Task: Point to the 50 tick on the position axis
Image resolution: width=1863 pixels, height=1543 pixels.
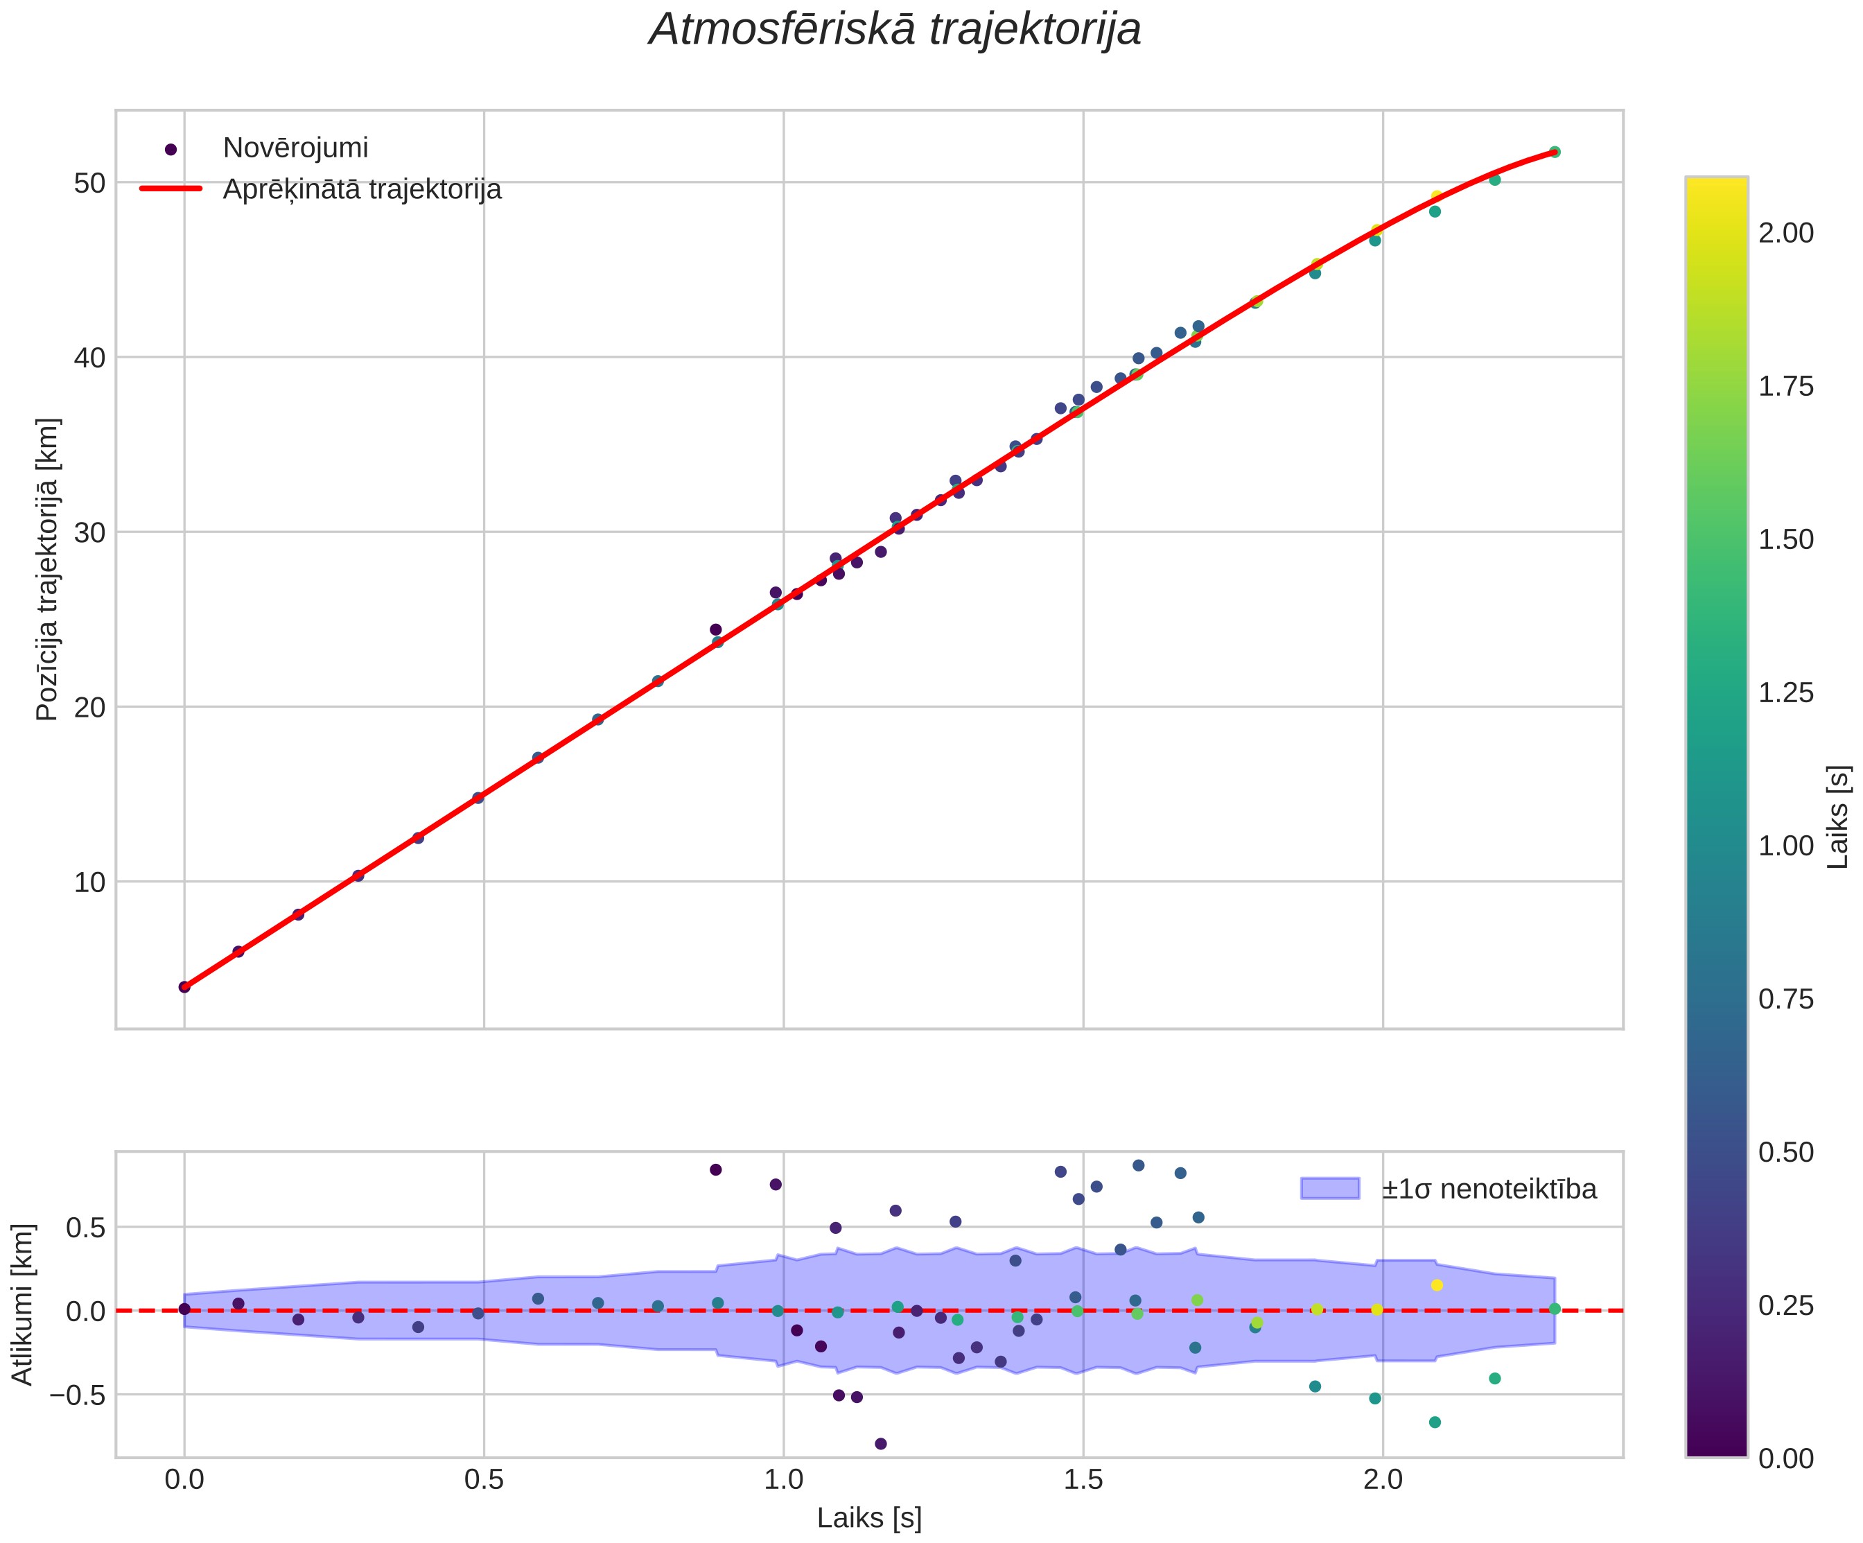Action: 89,183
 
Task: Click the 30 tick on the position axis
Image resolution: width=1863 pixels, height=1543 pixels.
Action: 89,532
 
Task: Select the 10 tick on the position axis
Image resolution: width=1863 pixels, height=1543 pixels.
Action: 89,882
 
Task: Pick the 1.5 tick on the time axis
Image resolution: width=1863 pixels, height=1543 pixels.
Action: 1083,1479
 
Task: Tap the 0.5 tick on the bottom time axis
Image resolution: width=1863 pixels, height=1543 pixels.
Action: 484,1479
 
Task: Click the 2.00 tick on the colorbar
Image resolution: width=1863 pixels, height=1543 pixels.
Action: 1786,234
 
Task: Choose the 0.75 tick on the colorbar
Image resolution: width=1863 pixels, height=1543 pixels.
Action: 1786,999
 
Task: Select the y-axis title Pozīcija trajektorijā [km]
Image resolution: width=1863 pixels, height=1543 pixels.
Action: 47,570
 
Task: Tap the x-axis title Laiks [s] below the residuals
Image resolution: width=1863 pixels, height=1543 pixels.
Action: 869,1518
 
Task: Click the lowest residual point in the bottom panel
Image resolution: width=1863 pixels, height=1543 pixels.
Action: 880,1444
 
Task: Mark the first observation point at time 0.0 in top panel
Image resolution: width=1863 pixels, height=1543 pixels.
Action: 184,986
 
